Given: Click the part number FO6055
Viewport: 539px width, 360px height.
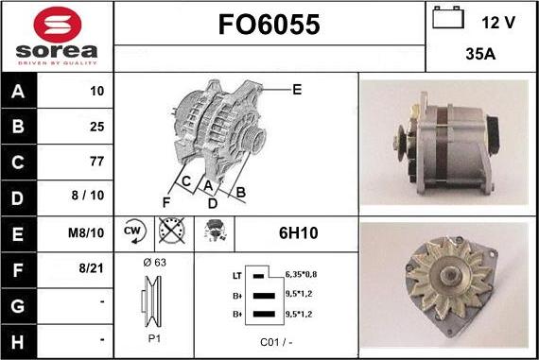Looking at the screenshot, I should coord(269,24).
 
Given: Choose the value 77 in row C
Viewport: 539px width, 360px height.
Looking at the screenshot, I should coord(96,162).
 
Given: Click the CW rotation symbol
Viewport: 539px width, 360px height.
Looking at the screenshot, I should coord(132,231).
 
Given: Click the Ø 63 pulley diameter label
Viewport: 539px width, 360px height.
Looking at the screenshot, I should coord(153,262).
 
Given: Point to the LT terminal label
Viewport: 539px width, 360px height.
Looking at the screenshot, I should coord(236,275).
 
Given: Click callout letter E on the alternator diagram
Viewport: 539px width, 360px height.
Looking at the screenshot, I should coord(297,90).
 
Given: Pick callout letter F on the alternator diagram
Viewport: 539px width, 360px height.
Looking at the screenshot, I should coord(166,202).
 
